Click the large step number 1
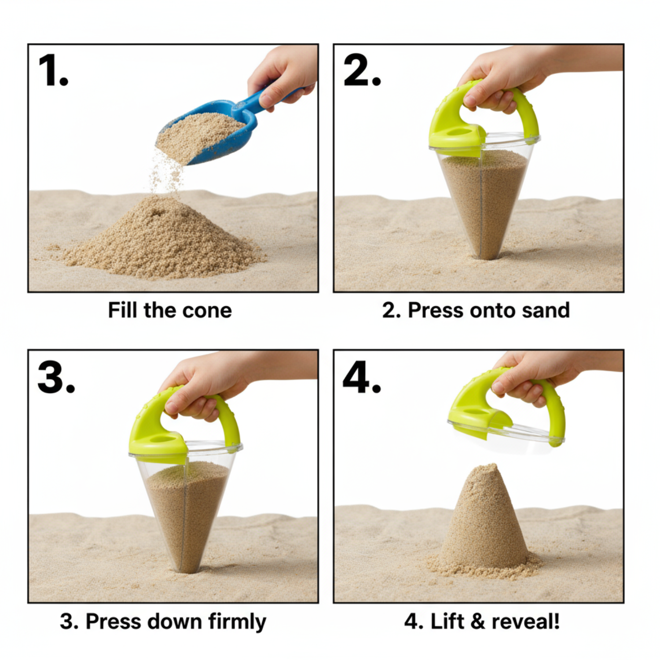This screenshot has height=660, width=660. pyautogui.click(x=53, y=70)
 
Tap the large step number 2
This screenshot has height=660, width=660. pyautogui.click(x=362, y=70)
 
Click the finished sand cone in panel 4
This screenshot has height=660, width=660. pyautogui.click(x=484, y=524)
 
